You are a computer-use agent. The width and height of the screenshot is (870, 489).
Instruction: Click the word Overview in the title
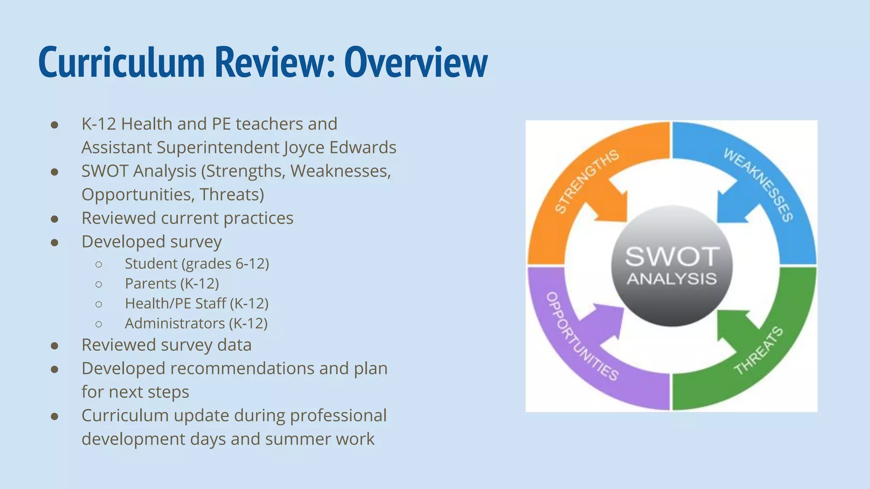point(415,63)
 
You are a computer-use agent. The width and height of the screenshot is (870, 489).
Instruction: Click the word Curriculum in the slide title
point(122,63)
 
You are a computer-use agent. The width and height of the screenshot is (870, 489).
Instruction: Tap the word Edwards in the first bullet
point(363,148)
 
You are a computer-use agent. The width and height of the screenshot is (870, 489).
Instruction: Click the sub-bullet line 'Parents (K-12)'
point(172,284)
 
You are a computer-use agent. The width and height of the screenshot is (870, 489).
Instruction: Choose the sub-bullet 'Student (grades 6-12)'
point(197,264)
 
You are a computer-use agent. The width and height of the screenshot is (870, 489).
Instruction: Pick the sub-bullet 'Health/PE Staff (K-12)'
point(196,304)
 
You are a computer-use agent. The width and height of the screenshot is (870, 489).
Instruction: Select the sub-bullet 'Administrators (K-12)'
point(196,323)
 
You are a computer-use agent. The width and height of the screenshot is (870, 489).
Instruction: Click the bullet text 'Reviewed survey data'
point(167,345)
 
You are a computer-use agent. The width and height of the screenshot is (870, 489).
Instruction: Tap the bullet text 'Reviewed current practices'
point(187,218)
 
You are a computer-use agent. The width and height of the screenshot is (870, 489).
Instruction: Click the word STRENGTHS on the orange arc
point(587,181)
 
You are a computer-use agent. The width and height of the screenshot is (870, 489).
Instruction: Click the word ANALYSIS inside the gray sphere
point(672,279)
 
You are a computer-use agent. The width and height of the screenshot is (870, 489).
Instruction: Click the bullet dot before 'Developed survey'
point(54,242)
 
